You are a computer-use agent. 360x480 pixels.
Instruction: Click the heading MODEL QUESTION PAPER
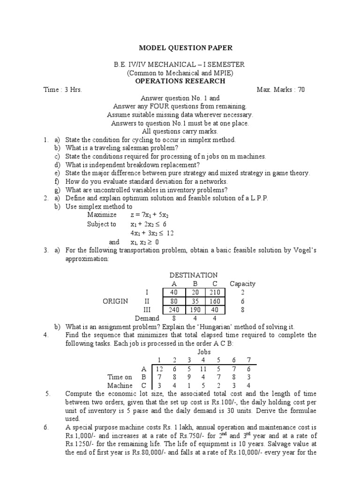click(185, 48)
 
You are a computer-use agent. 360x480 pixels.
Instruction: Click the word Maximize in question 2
click(102, 215)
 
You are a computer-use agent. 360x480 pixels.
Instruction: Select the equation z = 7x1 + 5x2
click(149, 215)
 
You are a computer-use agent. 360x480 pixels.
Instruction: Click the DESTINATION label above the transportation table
click(193, 275)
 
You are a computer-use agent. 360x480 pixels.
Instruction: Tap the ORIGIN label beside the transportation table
click(115, 301)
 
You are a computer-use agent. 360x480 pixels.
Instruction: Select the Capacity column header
click(242, 284)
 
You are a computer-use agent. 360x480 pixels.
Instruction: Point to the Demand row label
click(147, 318)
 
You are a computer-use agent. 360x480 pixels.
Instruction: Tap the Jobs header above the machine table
click(204, 352)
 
